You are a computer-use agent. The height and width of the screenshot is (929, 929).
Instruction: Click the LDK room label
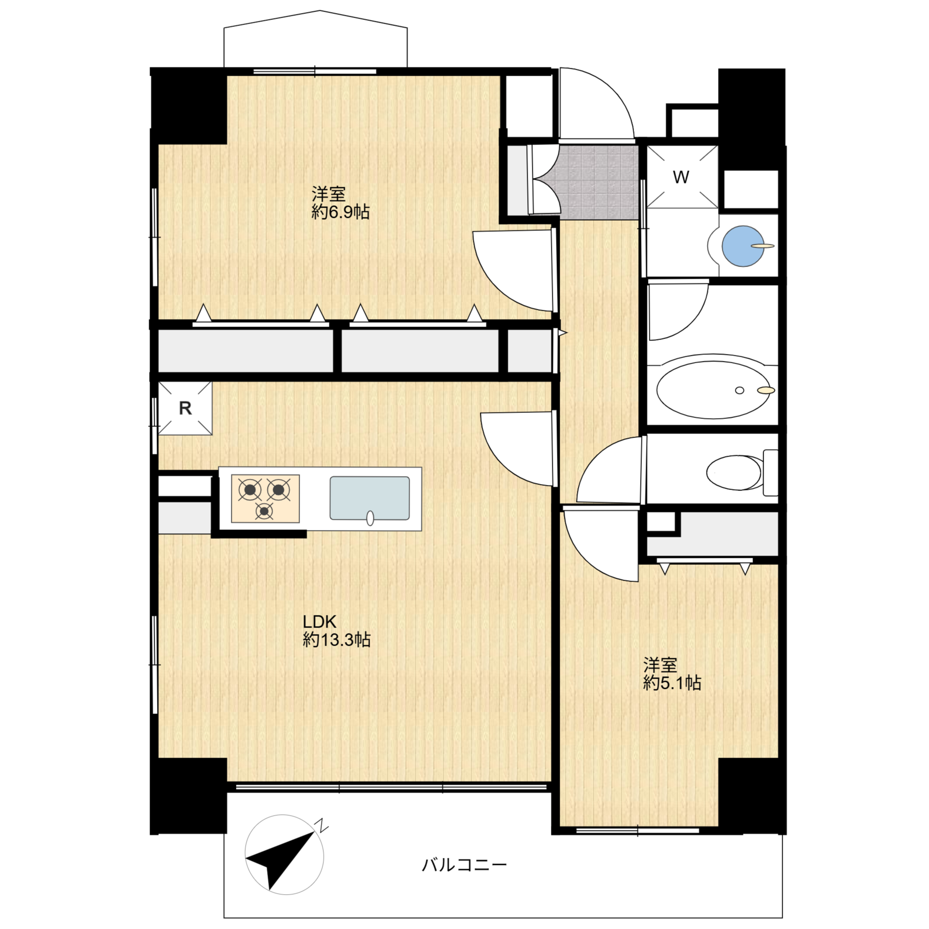(319, 622)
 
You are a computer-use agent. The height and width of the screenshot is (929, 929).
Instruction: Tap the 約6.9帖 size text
(340, 212)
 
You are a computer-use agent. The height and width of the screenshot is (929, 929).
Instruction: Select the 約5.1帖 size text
(672, 683)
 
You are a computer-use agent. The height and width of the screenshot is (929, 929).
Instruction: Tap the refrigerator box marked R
(185, 408)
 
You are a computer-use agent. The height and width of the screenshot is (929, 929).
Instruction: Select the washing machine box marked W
(682, 177)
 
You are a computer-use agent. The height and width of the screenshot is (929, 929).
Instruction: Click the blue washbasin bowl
(742, 246)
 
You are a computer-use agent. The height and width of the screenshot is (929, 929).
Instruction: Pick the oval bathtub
(712, 390)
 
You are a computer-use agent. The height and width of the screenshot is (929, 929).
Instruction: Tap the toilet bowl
(733, 473)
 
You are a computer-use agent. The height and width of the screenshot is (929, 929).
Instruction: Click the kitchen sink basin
(369, 498)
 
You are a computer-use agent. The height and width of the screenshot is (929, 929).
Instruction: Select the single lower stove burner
(264, 511)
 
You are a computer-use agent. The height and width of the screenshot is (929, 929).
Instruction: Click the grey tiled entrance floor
(599, 183)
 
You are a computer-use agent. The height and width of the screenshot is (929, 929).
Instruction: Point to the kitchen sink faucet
(370, 518)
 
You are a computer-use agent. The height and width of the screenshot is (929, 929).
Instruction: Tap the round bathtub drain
(739, 391)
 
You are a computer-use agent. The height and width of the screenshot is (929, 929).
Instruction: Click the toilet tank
(771, 473)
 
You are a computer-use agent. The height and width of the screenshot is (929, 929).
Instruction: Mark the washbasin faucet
(763, 246)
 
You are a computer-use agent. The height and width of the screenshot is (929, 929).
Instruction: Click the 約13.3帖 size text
(337, 640)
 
